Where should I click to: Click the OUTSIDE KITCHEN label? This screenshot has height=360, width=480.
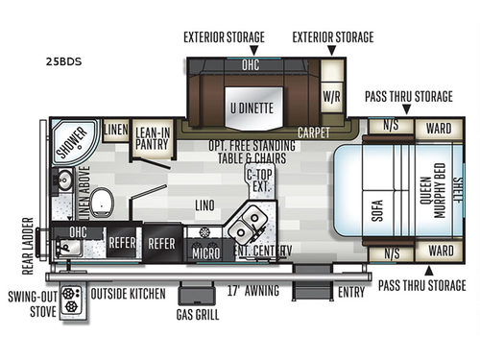(x=129, y=292)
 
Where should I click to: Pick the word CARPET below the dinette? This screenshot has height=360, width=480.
(x=313, y=132)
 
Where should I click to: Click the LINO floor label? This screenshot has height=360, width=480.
(x=204, y=204)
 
